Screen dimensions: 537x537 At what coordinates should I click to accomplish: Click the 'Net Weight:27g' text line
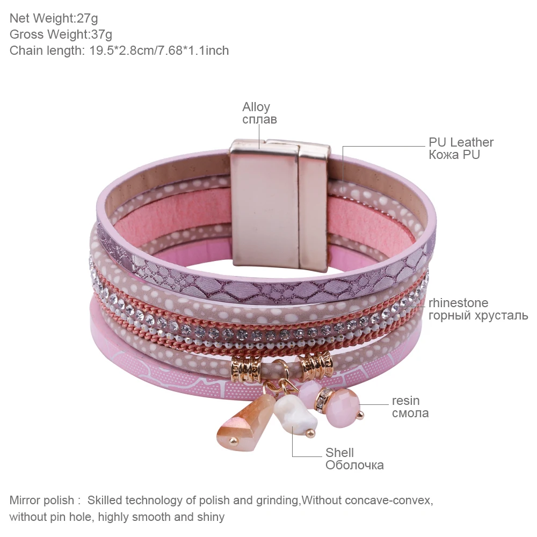tap(54, 18)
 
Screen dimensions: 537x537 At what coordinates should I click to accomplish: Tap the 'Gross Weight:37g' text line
tap(61, 34)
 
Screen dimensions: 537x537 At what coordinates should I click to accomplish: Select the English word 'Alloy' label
tap(256, 107)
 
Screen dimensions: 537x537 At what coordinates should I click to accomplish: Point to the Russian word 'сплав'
tap(259, 119)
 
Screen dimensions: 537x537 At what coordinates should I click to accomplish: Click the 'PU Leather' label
tap(461, 142)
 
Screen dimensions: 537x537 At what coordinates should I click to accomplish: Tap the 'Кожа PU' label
tap(454, 155)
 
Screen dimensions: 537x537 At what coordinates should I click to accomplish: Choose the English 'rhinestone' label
tap(458, 303)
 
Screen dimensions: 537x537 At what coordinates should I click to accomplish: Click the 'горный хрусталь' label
tap(478, 315)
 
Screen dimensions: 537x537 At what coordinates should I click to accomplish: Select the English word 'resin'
tap(405, 401)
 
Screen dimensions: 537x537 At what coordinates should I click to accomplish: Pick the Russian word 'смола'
tap(410, 413)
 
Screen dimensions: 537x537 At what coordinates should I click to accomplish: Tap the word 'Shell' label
tap(339, 453)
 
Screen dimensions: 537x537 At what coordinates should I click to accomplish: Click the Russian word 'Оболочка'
tap(354, 465)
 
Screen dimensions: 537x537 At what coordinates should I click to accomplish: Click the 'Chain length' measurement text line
tap(119, 50)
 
